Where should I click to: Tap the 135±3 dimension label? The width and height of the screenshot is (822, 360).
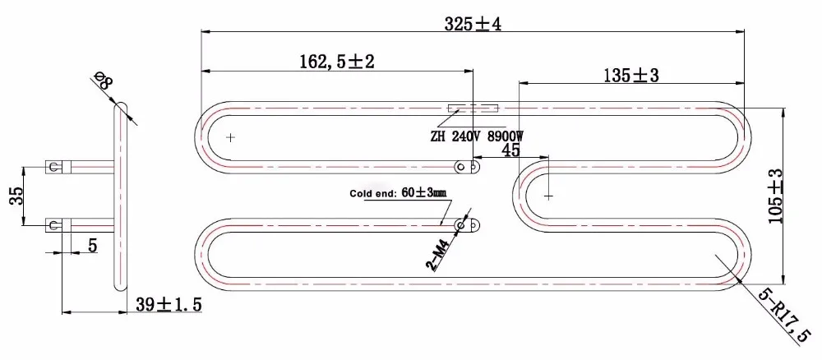tap(631, 76)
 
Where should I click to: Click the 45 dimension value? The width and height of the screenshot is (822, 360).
tap(510, 150)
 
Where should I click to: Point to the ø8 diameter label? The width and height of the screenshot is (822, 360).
tap(104, 81)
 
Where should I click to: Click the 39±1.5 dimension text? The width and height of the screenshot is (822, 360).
tap(169, 305)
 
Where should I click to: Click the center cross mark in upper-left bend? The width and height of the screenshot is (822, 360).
tap(231, 137)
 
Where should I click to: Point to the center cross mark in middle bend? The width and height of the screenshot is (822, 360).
tap(548, 196)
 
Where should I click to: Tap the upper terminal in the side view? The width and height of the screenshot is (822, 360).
tap(56, 167)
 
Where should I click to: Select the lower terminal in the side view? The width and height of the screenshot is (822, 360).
tap(56, 224)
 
